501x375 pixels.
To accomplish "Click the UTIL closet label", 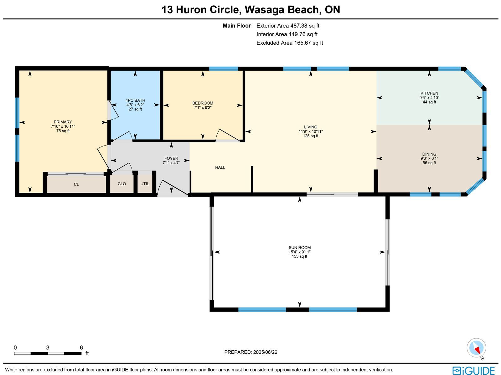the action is click(145, 184).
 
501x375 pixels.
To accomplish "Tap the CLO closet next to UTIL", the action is click(122, 184).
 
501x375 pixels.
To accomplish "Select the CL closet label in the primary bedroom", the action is click(76, 185).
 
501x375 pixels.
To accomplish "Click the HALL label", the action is click(220, 167).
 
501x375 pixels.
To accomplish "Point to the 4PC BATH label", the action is click(135, 100).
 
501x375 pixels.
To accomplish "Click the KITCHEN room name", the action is click(429, 93).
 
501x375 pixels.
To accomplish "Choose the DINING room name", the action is click(429, 154).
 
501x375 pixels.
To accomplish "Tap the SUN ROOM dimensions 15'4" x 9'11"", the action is click(300, 252).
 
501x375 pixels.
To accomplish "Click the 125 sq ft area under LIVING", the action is click(311, 136).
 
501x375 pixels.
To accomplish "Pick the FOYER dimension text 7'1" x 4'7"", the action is click(171, 163).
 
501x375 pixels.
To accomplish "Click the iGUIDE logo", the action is click(474, 370).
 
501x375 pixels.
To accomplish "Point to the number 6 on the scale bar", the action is click(81, 347).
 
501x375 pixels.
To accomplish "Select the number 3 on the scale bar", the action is click(48, 347).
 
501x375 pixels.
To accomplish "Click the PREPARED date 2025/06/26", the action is click(265, 352).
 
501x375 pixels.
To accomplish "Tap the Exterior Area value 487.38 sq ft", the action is click(305, 26).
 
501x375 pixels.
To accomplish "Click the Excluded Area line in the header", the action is click(290, 43).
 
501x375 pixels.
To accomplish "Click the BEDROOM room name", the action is click(203, 103).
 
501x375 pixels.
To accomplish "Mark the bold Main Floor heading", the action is click(237, 26).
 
